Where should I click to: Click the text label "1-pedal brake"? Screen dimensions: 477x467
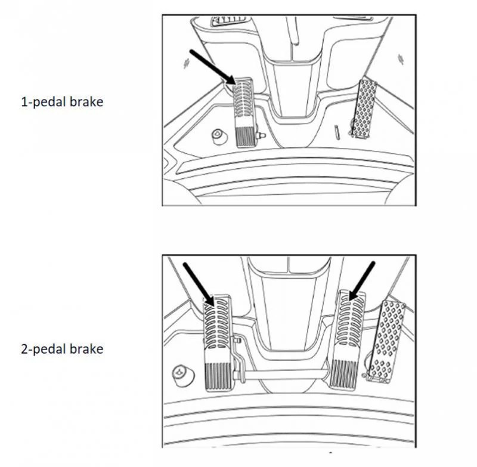62,101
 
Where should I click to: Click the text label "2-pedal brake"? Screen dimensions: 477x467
62,349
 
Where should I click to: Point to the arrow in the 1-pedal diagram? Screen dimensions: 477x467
212,67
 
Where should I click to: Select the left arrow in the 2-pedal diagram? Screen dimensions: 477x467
199,283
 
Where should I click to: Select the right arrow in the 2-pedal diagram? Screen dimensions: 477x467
362,281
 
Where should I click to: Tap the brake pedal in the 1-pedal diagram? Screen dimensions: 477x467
244,113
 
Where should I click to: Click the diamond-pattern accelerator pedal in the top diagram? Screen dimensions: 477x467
364,109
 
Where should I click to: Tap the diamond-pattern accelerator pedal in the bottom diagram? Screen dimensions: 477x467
386,341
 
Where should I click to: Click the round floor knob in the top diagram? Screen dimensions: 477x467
219,137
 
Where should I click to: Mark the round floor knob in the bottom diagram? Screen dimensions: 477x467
183,375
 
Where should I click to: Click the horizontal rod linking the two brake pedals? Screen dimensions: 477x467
286,374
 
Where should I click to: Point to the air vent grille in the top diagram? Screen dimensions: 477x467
230,21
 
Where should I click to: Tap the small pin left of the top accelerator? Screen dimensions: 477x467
337,132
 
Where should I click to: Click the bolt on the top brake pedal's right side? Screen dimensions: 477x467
261,135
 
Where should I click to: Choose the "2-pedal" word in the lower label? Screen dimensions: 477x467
44,350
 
